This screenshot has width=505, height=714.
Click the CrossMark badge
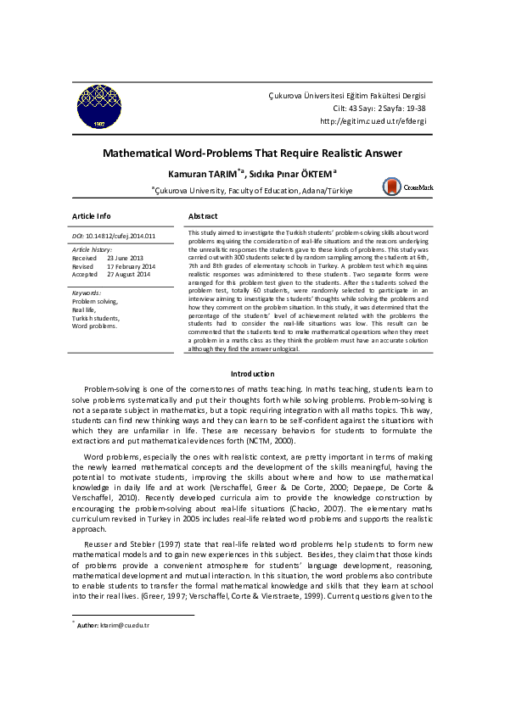(x=407, y=186)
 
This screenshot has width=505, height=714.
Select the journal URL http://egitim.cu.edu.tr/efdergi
(x=373, y=121)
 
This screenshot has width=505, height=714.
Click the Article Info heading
(x=91, y=216)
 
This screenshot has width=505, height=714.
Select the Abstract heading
(x=203, y=216)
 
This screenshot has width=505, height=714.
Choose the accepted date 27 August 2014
(x=128, y=275)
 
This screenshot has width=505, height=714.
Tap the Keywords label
(x=87, y=293)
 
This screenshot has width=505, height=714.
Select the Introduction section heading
(x=252, y=374)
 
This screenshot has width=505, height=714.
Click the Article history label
(x=92, y=249)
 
